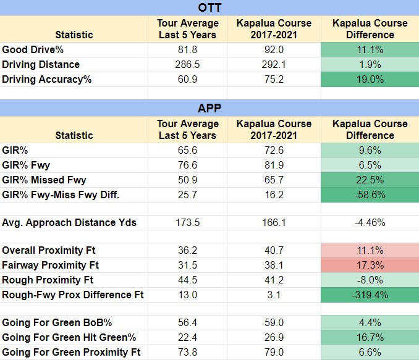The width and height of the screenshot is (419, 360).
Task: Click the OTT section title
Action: (209, 8)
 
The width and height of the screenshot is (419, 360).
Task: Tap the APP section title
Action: (209, 108)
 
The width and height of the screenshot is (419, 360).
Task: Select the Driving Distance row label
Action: (41, 64)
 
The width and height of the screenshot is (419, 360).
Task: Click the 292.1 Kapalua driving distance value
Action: (273, 64)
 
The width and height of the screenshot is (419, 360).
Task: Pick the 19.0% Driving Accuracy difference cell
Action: (370, 79)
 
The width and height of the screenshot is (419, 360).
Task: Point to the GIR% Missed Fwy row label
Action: (44, 180)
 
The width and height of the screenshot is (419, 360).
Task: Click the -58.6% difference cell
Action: (370, 195)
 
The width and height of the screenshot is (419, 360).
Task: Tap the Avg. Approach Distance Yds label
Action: (69, 222)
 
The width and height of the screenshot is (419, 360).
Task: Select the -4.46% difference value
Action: (370, 222)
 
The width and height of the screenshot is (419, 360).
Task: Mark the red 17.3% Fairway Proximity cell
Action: (370, 265)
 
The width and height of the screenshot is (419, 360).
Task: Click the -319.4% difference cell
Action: (370, 295)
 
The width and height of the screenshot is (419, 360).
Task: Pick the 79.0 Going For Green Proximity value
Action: (273, 352)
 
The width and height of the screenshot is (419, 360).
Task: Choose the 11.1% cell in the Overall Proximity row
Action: (370, 250)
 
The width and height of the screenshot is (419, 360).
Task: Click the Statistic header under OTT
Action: (74, 35)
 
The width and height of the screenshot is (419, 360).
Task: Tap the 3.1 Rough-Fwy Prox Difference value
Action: (273, 295)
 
